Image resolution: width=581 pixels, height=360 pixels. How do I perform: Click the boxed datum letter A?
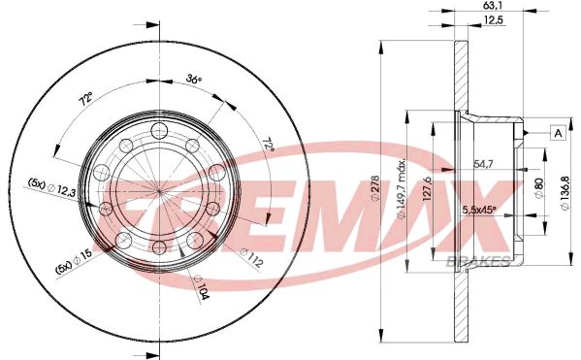click(x=559, y=133)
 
